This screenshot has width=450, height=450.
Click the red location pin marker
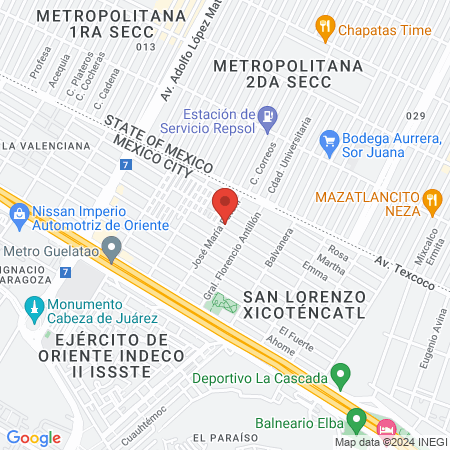click(225, 204)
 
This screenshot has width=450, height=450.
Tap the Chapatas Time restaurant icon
click(324, 25)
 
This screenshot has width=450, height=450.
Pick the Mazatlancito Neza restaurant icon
click(432, 198)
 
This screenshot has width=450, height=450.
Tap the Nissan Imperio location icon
click(19, 213)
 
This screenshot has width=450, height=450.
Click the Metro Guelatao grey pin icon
click(113, 247)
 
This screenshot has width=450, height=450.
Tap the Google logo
click(33, 437)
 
